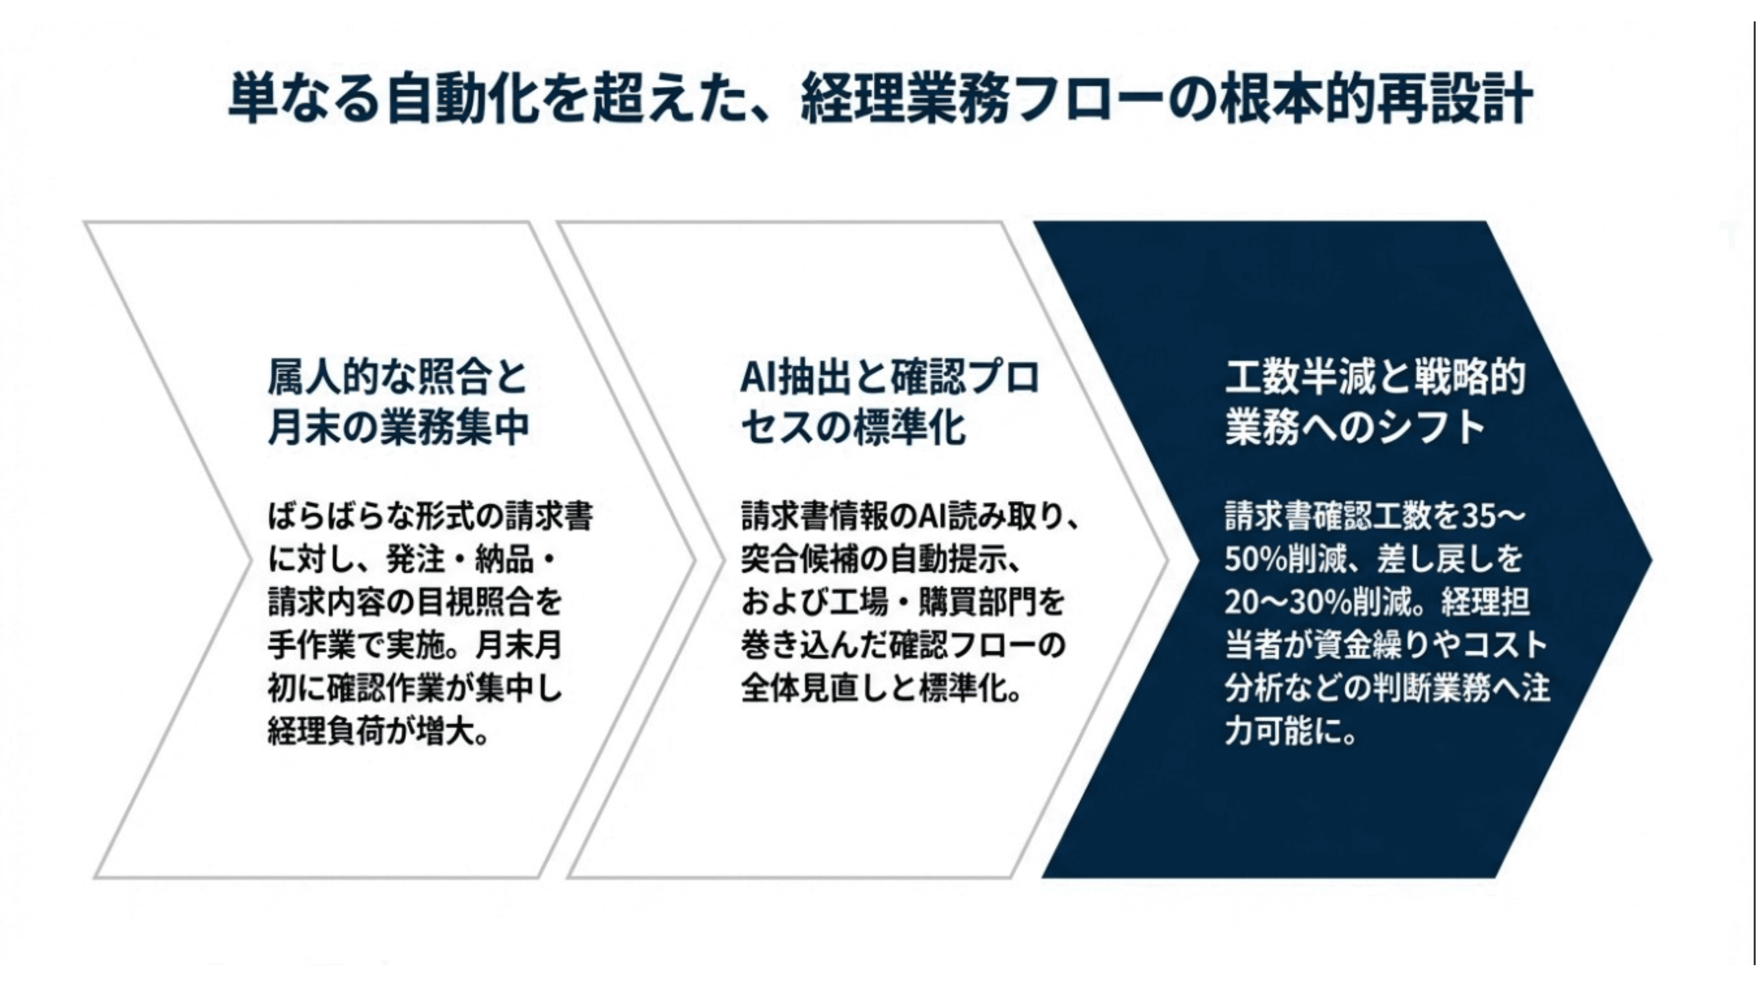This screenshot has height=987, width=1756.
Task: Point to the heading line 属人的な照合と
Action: (398, 377)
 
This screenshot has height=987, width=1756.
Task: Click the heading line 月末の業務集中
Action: (398, 427)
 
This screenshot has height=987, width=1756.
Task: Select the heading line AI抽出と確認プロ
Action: (889, 377)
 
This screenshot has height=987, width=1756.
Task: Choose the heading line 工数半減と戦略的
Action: (1374, 377)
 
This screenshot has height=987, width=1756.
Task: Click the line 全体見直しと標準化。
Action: (882, 688)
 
